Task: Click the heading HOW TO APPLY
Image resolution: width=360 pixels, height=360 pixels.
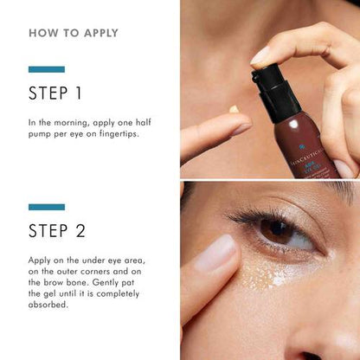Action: tap(74, 34)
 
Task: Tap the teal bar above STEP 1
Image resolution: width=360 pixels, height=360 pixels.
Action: tap(46, 69)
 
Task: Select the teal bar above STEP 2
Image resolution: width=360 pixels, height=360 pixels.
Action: tap(46, 207)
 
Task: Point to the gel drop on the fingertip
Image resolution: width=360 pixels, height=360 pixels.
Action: tap(233, 109)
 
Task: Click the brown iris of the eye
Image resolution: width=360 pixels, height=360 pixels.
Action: tap(277, 231)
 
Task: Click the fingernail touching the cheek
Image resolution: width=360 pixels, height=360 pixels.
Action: tap(216, 253)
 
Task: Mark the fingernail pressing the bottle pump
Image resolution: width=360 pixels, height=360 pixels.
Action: tap(260, 56)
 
